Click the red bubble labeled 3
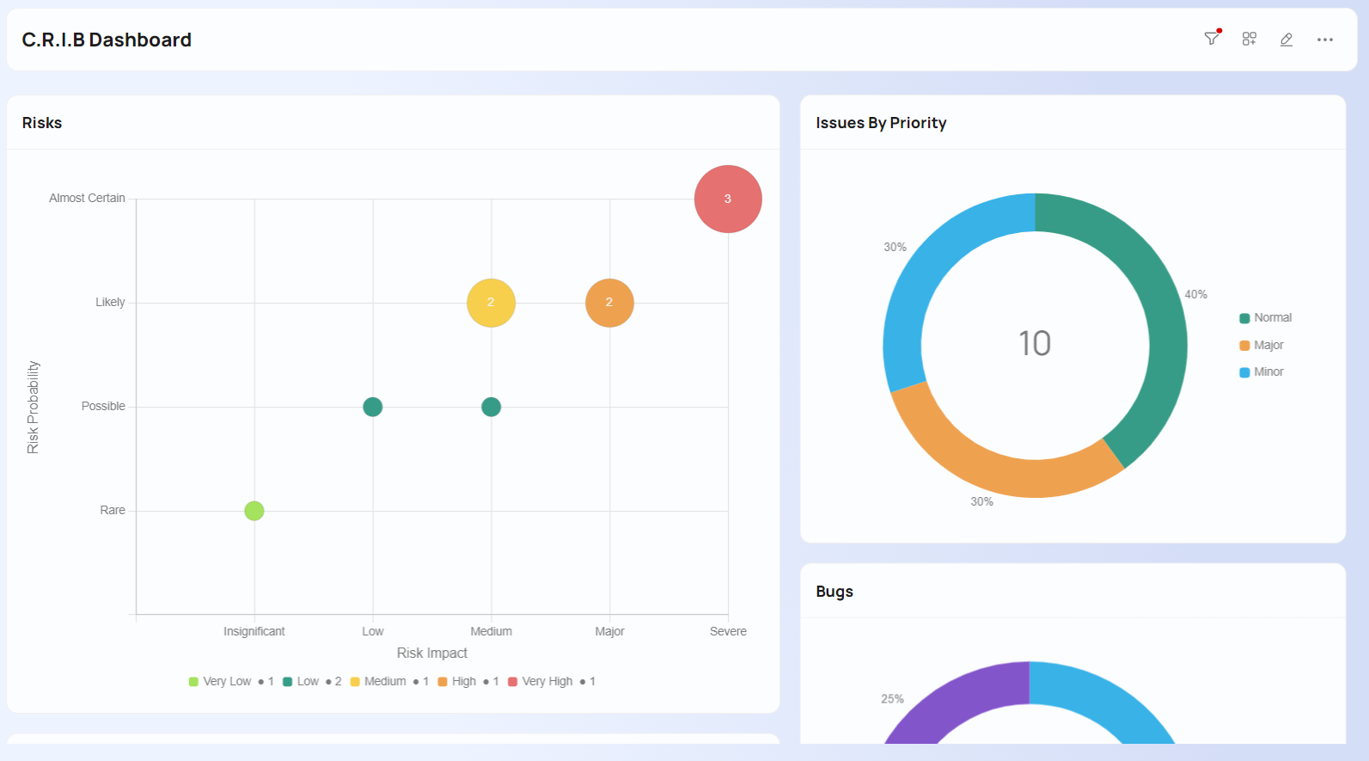pyautogui.click(x=728, y=199)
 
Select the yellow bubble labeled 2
pyautogui.click(x=491, y=303)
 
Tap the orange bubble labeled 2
pyautogui.click(x=609, y=303)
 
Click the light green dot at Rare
pyautogui.click(x=254, y=511)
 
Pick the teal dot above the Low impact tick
pyautogui.click(x=372, y=407)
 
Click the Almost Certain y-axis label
pyautogui.click(x=87, y=198)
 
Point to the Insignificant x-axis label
pyautogui.click(x=254, y=631)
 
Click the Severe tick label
pyautogui.click(x=728, y=631)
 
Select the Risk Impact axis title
pyautogui.click(x=431, y=654)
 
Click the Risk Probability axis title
pyautogui.click(x=33, y=407)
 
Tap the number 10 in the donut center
pyautogui.click(x=1035, y=344)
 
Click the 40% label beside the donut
pyautogui.click(x=1195, y=294)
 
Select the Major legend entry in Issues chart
pyautogui.click(x=1268, y=345)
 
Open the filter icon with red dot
pyautogui.click(x=1212, y=39)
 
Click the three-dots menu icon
pyautogui.click(x=1325, y=40)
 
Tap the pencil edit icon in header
pyautogui.click(x=1286, y=40)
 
